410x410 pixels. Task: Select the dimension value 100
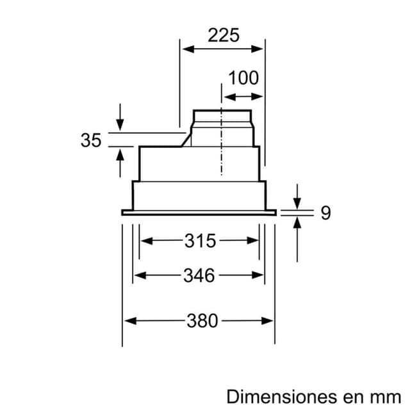point(243,78)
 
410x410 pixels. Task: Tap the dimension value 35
point(91,140)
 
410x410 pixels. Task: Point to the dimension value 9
point(325,213)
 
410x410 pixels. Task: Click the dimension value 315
point(200,241)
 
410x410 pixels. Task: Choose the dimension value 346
point(199,275)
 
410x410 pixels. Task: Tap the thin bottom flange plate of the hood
point(199,212)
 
